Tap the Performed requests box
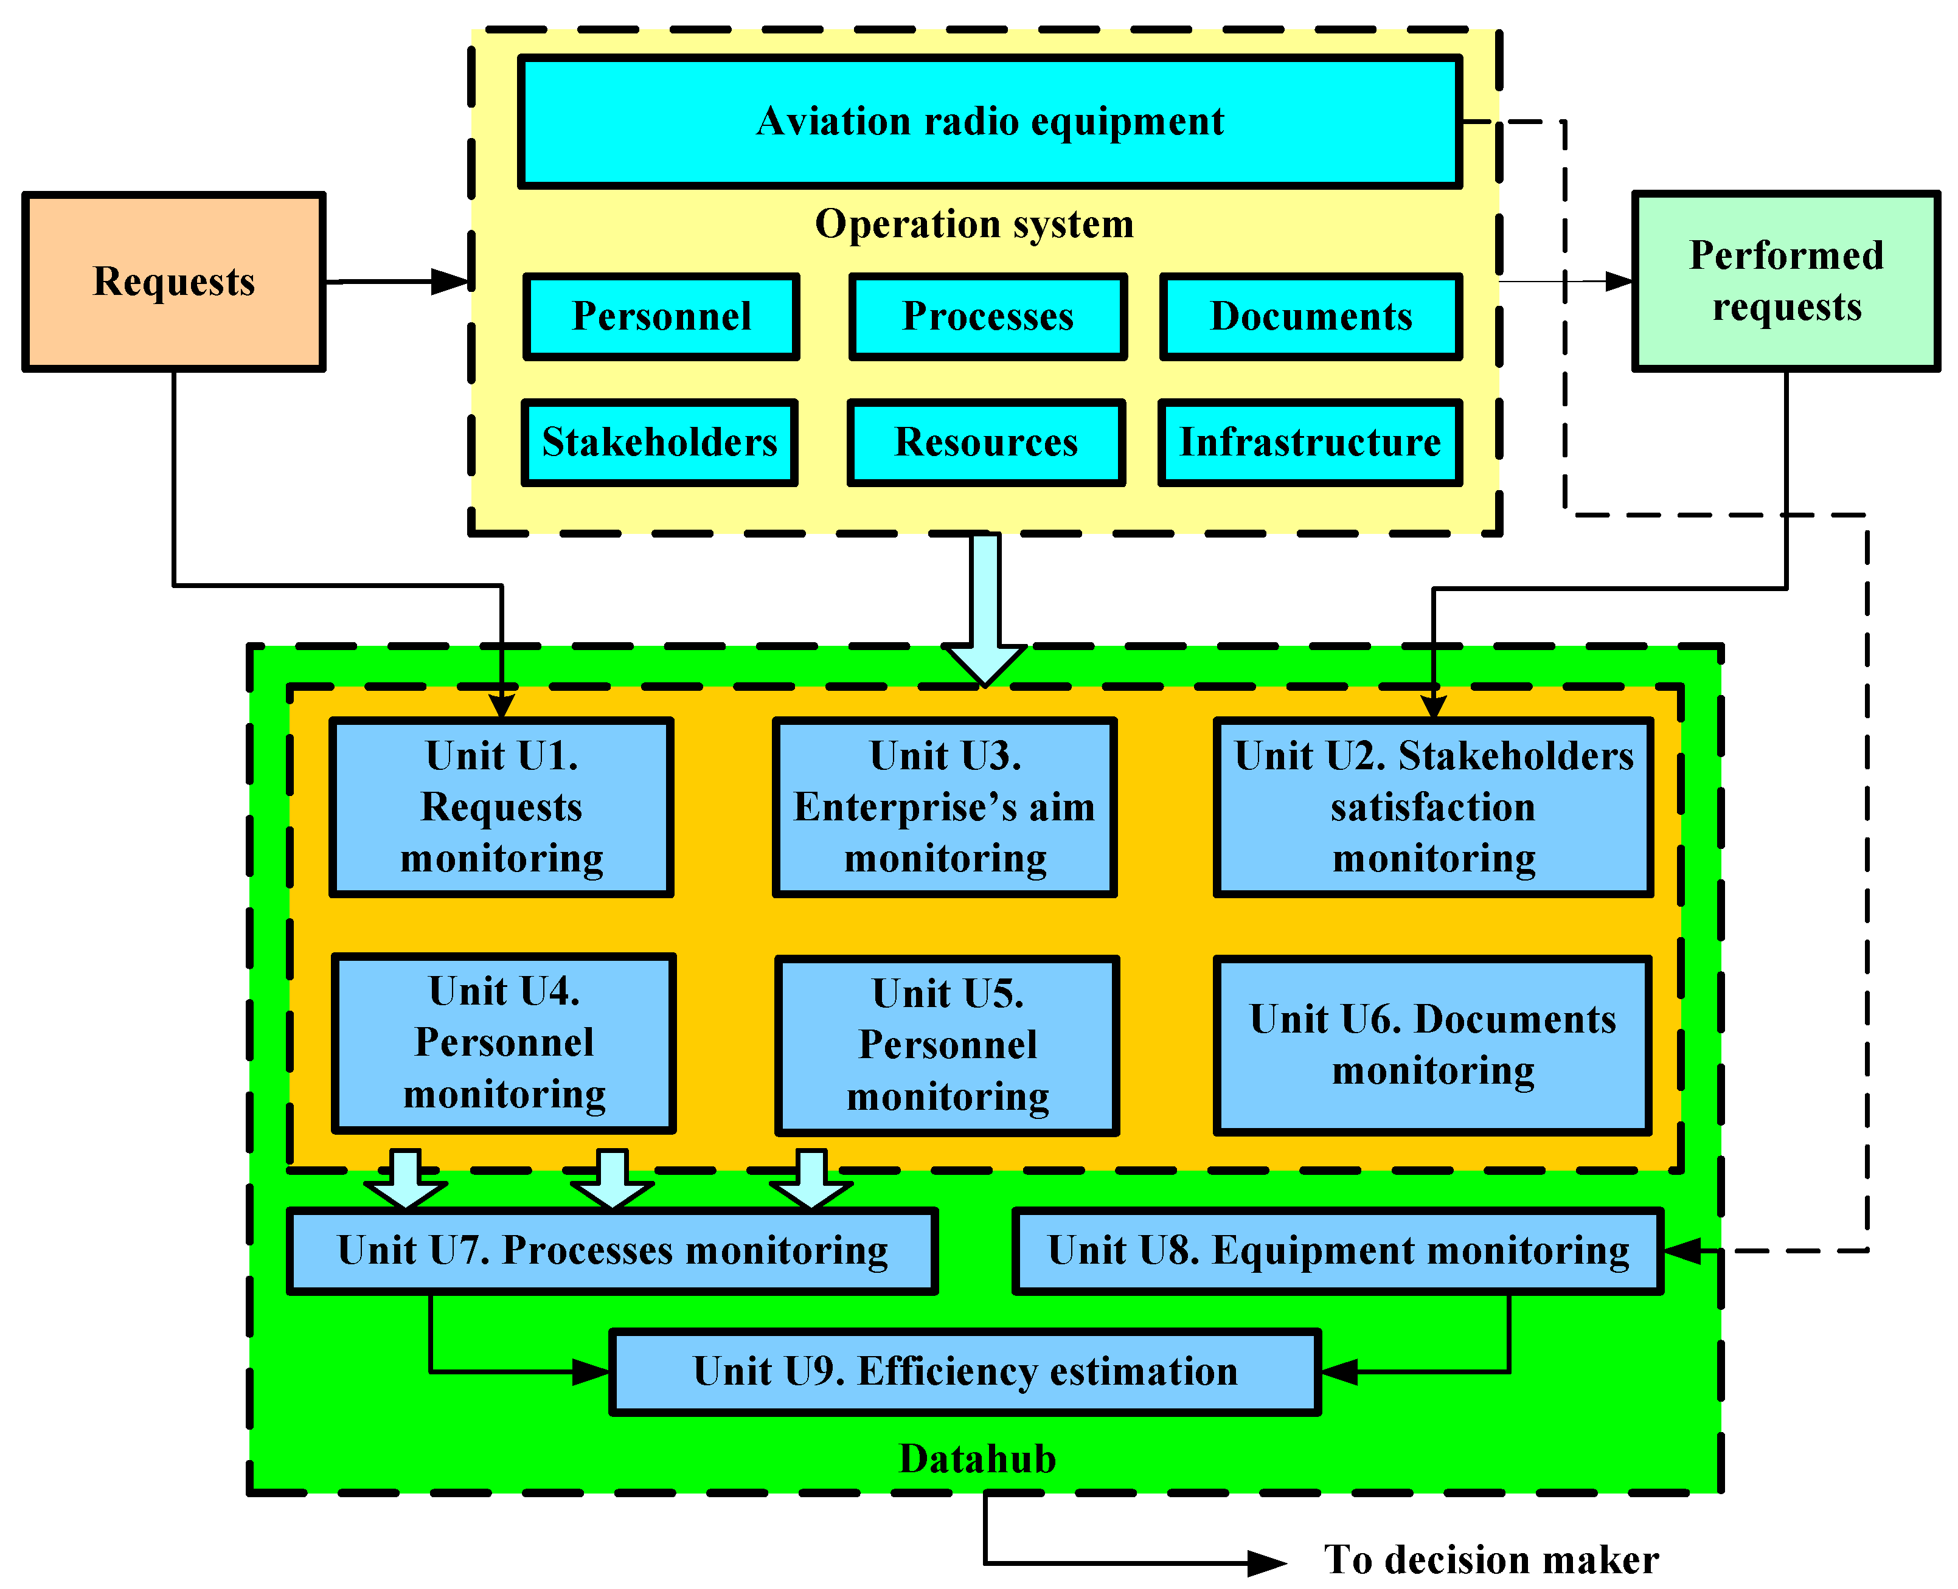[1785, 281]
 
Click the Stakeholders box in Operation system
[659, 442]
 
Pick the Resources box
[986, 442]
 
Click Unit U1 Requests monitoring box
[502, 806]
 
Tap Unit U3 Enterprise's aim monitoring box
[945, 806]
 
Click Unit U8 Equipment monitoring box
[1338, 1250]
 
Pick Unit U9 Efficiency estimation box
[965, 1371]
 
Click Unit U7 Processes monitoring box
[611, 1250]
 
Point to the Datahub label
[977, 1459]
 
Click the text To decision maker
[1490, 1560]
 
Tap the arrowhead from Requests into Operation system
[450, 281]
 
